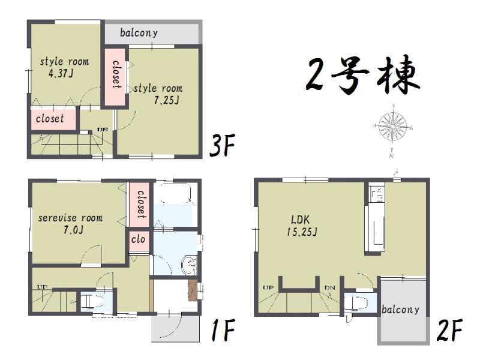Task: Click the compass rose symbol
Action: pos(393,127)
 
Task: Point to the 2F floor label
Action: pos(449,329)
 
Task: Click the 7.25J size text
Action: pos(166,101)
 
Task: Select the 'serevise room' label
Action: pos(70,218)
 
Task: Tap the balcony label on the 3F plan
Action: pos(139,32)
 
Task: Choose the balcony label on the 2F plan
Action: pos(401,310)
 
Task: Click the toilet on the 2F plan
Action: pos(360,302)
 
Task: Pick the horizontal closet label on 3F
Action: pos(50,119)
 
